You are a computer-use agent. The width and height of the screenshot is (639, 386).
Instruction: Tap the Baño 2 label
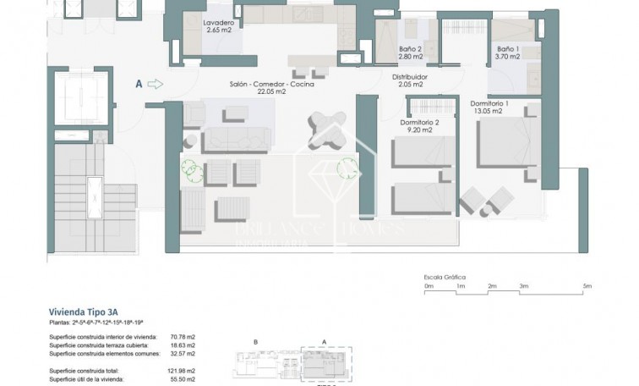click(x=411, y=49)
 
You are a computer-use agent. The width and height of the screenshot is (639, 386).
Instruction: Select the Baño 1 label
click(x=508, y=49)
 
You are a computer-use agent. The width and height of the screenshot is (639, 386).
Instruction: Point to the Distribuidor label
click(x=410, y=77)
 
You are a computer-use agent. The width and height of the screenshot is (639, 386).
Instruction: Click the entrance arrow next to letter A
click(x=154, y=84)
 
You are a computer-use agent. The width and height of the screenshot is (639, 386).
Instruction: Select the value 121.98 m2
click(x=182, y=371)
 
